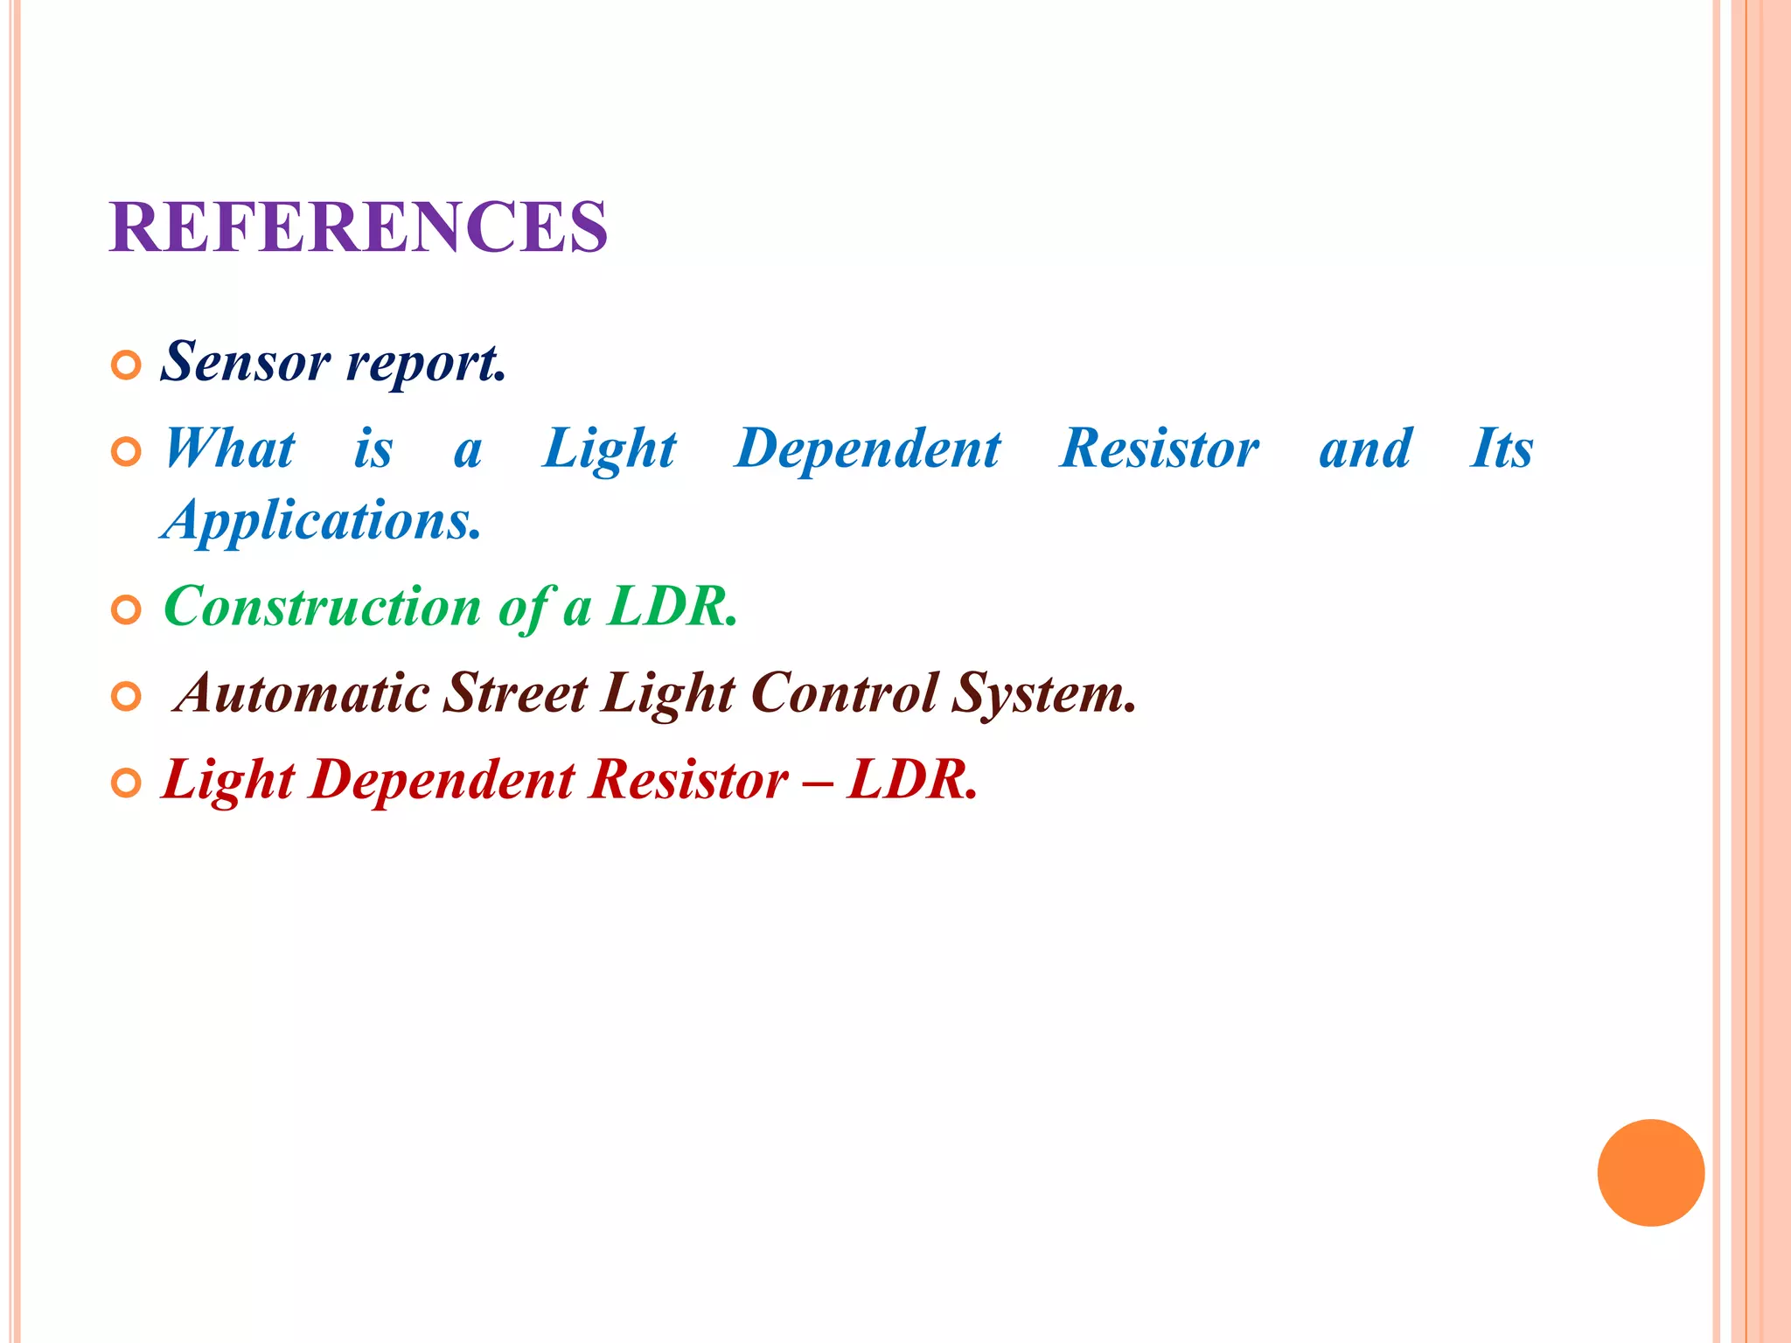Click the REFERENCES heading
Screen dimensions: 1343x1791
tap(359, 227)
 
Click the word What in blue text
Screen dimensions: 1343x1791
tap(230, 449)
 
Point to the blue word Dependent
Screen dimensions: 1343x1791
tap(868, 449)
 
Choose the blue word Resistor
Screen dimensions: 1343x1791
tap(1159, 449)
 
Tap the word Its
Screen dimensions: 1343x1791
tap(1501, 449)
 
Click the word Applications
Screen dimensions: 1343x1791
tap(322, 521)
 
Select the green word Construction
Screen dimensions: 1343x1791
tap(322, 606)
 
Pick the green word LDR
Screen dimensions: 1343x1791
tap(672, 606)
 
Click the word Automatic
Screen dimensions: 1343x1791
tap(303, 693)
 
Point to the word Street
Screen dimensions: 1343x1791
tap(516, 693)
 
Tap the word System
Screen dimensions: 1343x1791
tap(1043, 693)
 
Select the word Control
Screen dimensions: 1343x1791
tap(844, 693)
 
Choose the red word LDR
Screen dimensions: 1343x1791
tap(911, 779)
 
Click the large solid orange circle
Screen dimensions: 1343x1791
tap(1650, 1173)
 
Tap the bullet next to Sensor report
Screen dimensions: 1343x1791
tap(127, 365)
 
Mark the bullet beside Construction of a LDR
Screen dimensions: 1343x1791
tap(127, 610)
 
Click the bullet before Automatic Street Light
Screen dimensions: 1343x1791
tap(127, 697)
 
